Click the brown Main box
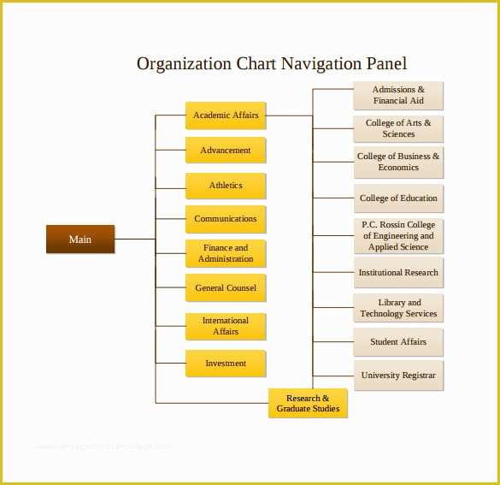coord(80,239)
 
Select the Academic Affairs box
coord(226,115)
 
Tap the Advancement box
coord(226,150)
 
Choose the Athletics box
coord(226,186)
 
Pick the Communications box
coord(226,219)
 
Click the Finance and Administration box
coord(226,253)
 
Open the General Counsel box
coord(226,287)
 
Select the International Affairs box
coord(226,326)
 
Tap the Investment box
coord(226,364)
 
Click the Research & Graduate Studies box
coord(308,403)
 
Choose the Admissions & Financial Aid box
coord(398,96)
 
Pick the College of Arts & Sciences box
coord(398,128)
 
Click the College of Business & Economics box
coord(398,162)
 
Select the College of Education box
coord(398,198)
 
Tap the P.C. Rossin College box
coord(398,236)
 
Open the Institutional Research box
coord(398,273)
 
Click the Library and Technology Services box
coord(398,308)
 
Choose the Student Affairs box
coord(398,342)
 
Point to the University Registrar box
coord(398,376)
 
